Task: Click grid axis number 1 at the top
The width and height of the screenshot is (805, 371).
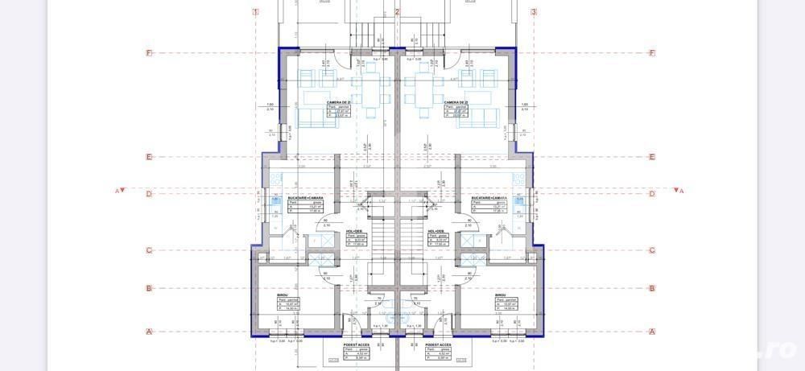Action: point(256,12)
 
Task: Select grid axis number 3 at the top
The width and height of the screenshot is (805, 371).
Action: point(534,12)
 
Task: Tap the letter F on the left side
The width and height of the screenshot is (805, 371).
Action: point(149,53)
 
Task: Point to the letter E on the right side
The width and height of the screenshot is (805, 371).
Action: point(652,158)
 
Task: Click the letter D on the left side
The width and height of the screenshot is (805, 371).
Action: point(149,194)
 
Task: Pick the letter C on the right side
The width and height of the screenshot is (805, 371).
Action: point(652,250)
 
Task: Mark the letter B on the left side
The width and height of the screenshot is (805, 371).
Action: point(149,288)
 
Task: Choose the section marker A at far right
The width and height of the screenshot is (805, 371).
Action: point(682,191)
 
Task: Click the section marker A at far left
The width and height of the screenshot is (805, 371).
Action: point(118,191)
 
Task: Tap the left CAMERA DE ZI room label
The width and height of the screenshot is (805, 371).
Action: point(337,103)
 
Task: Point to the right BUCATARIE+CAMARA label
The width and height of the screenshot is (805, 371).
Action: point(489,197)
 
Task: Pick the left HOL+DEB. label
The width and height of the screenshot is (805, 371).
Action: point(355,230)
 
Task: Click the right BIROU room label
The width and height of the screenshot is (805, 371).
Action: point(501,295)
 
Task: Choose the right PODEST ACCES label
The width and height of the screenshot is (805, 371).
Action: point(439,344)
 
